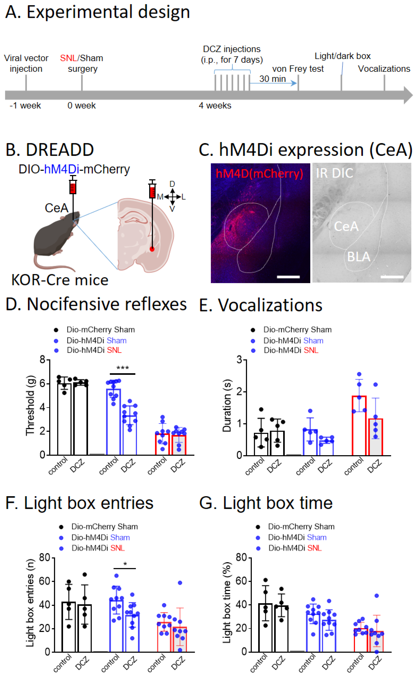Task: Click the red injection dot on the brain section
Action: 152,249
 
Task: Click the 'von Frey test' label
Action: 298,69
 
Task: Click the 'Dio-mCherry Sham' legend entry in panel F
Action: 104,527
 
